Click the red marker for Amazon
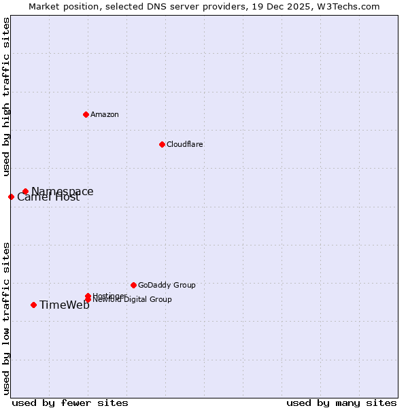tap(86, 114)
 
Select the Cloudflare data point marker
tap(162, 144)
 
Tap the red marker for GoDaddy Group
tap(133, 285)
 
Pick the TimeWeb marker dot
tap(33, 305)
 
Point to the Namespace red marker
tap(25, 192)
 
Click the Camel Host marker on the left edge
tap(11, 197)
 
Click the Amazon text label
tap(105, 114)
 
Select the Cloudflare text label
tap(185, 144)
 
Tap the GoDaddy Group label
tap(167, 285)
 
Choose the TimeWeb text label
tap(65, 305)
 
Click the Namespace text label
tap(63, 191)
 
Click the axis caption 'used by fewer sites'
tap(70, 403)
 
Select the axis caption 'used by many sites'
tap(341, 403)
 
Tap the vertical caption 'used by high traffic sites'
tap(6, 97)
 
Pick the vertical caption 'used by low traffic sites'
tap(6, 318)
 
